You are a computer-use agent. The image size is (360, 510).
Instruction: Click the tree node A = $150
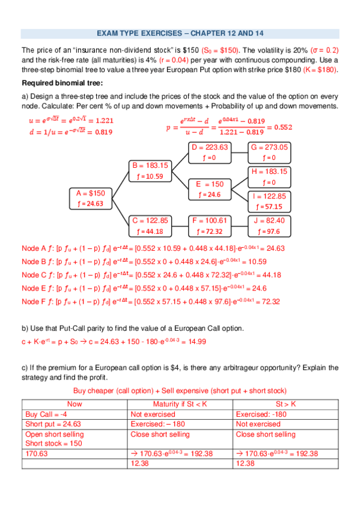click(90, 193)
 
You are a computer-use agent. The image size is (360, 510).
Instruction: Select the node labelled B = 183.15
click(150, 165)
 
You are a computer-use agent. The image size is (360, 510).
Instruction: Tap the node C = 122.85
click(150, 220)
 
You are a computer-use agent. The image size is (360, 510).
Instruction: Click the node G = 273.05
click(269, 147)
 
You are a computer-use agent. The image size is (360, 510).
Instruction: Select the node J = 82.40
click(269, 220)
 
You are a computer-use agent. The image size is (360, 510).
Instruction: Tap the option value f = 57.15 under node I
click(269, 206)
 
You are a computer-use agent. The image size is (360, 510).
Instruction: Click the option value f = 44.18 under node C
click(150, 231)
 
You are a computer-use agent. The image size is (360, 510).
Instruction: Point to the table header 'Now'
click(75, 404)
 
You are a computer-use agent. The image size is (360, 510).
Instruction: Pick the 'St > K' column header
click(285, 404)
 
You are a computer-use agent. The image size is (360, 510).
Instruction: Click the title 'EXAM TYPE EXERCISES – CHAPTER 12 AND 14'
click(180, 33)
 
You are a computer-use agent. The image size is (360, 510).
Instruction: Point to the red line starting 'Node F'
click(151, 302)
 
